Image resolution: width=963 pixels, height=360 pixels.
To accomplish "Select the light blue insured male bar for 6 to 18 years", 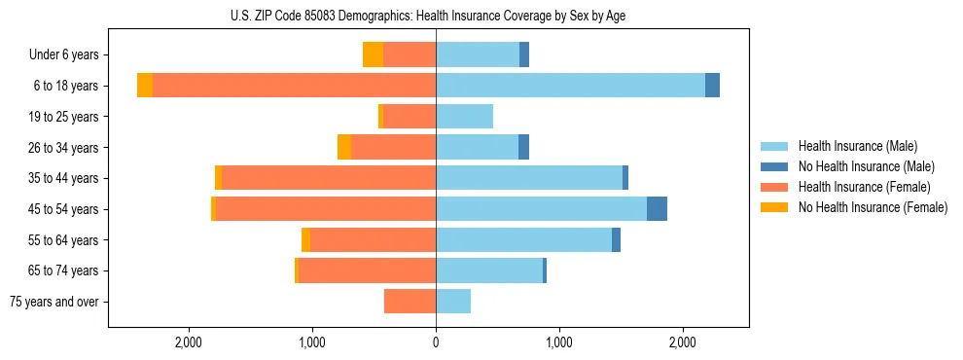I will click(570, 86).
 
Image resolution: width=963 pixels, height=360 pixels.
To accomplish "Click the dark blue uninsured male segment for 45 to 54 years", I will click(657, 209).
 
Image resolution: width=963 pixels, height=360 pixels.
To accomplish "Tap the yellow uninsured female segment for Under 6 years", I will click(373, 55).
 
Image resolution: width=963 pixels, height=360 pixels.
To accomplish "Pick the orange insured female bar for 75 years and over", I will click(410, 302).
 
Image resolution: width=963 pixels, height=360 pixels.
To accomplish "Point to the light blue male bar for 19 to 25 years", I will click(464, 117).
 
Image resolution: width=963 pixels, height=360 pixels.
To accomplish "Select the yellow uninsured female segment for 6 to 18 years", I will click(145, 86).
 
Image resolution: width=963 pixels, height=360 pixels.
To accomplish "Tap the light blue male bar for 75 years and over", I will click(453, 302).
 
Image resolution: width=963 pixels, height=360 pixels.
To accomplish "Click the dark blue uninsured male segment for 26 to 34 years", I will click(523, 148).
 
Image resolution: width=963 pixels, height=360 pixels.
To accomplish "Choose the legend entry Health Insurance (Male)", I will click(857, 146).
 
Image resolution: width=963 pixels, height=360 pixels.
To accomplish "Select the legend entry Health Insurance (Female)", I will click(864, 187).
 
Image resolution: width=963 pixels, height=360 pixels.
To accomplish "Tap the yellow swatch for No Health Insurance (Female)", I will click(775, 207).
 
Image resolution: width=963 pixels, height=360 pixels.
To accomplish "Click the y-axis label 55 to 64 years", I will click(63, 240).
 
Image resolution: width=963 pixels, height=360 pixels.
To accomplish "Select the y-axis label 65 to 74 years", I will click(63, 270).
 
